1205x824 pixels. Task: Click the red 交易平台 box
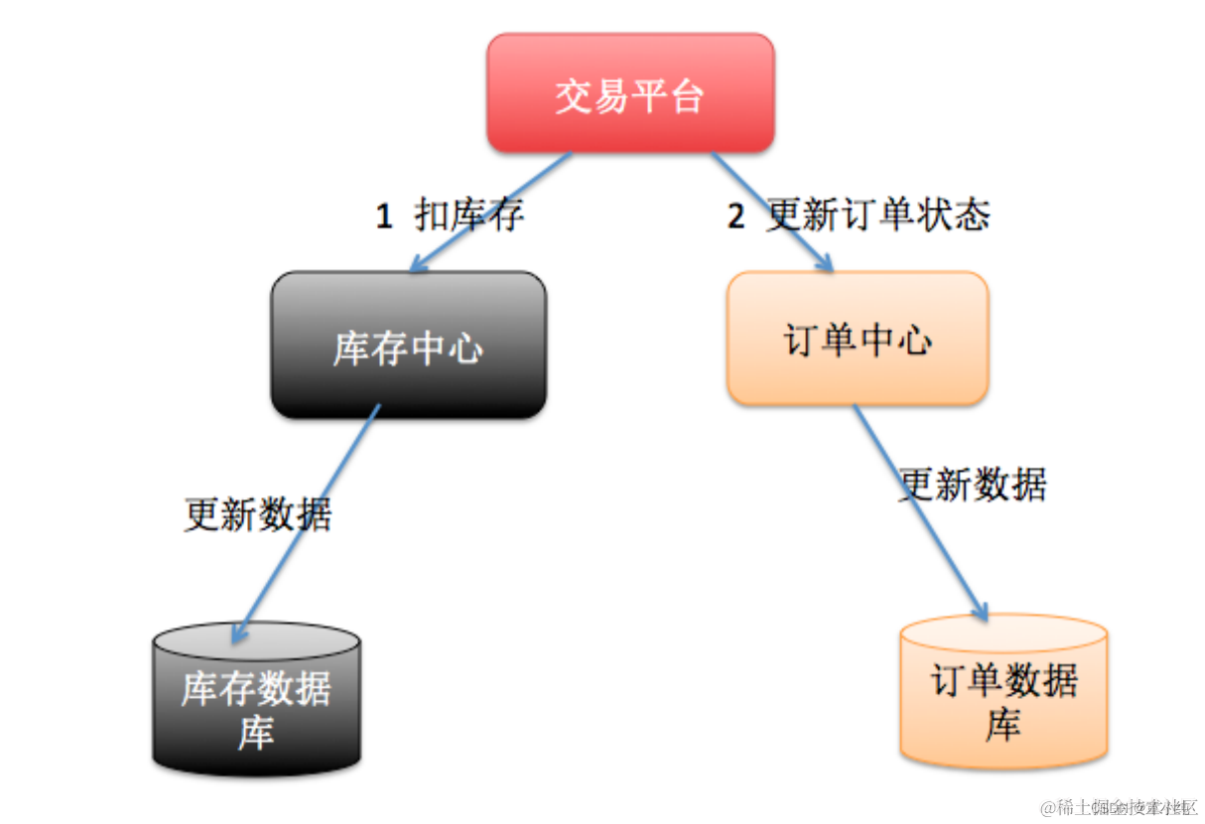click(629, 93)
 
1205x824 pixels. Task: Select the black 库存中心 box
click(408, 344)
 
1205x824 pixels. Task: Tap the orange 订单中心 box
click(858, 339)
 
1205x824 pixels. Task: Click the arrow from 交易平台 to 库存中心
click(490, 211)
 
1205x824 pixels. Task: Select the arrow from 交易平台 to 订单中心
click(770, 210)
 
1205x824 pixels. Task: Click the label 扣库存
click(469, 214)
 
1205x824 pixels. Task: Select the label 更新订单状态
click(877, 213)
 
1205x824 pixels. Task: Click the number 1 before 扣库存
click(384, 216)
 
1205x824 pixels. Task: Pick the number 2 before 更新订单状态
click(736, 216)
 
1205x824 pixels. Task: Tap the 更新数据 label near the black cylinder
click(258, 514)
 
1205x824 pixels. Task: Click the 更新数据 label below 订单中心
click(973, 484)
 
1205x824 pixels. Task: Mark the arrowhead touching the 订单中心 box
click(826, 262)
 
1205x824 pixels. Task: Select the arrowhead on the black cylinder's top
click(238, 636)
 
